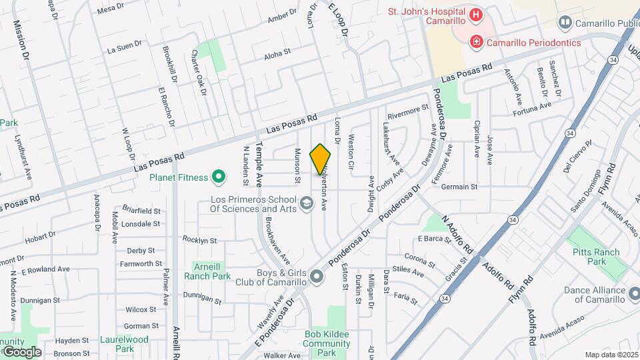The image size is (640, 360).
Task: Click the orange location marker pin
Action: coord(321,159)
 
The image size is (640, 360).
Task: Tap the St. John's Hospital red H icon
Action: coord(476,15)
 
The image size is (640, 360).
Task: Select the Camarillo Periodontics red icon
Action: coord(476,43)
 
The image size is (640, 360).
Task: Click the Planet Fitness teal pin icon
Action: coord(218,177)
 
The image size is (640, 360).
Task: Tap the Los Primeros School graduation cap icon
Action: coord(306,203)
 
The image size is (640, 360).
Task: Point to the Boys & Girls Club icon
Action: coord(317,276)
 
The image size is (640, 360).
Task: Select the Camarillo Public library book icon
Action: coord(565,23)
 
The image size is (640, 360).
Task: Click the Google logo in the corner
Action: coord(21,351)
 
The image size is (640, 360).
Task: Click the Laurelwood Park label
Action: coord(124,343)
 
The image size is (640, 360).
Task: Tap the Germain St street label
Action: coord(460,187)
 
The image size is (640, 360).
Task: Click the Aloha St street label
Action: coord(277,51)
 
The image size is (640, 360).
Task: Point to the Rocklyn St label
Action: coord(200,240)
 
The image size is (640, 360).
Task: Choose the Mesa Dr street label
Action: coord(111,8)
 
